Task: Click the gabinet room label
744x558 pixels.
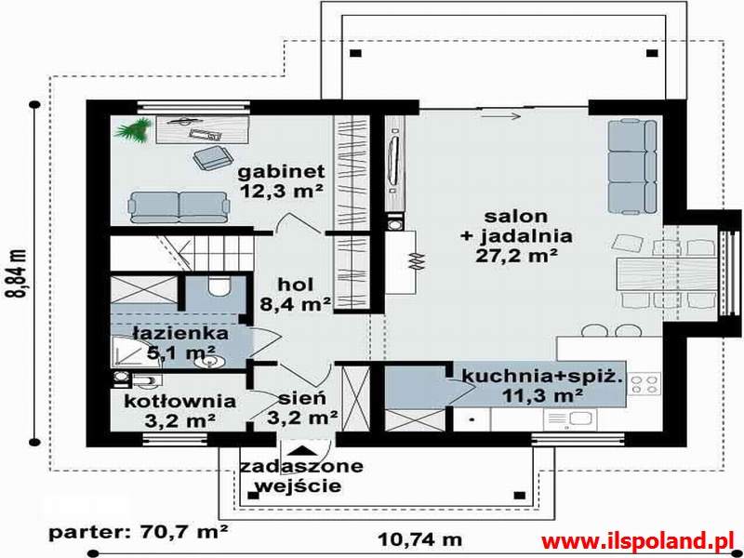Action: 281,171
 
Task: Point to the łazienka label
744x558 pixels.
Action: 180,333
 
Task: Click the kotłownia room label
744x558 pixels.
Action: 179,402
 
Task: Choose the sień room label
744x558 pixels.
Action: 302,398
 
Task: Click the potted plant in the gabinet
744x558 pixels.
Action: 132,129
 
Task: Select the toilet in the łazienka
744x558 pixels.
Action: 219,287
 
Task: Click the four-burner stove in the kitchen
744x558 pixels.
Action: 644,383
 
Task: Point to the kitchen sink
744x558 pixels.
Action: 569,418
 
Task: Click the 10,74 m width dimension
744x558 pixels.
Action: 420,539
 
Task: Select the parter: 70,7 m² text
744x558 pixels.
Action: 139,532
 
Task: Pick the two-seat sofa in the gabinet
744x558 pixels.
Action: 179,207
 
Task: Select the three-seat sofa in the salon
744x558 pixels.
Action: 632,166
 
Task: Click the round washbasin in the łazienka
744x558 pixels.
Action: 208,363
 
